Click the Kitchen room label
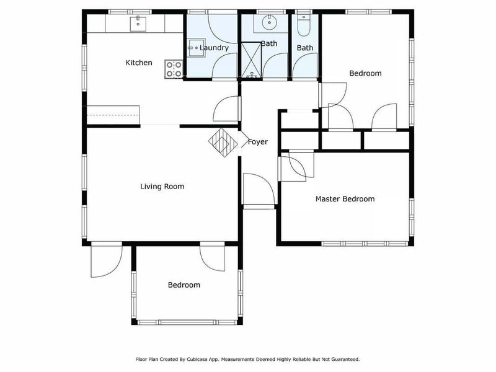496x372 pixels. pos(139,63)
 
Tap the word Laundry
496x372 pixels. pos(215,48)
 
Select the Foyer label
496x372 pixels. pos(258,142)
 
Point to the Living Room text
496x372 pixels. pos(162,186)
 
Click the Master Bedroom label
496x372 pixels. pos(345,199)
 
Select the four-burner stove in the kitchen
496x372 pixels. pos(174,69)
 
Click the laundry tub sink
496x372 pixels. pos(195,47)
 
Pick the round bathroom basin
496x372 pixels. pos(269,23)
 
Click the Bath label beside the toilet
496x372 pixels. pos(305,48)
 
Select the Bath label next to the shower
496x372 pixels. pos(269,43)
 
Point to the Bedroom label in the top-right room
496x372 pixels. pos(365,73)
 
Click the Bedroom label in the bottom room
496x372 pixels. pos(184,285)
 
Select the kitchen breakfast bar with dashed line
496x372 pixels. pos(113,115)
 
